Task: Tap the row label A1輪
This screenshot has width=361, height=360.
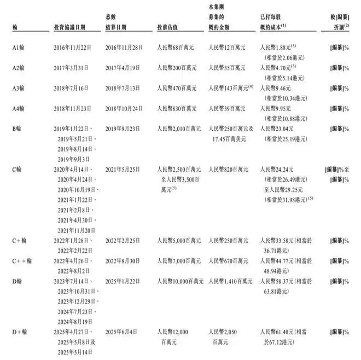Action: tap(18, 48)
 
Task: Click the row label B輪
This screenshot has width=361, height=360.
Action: tap(16, 129)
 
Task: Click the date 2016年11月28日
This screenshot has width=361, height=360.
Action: tap(124, 48)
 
